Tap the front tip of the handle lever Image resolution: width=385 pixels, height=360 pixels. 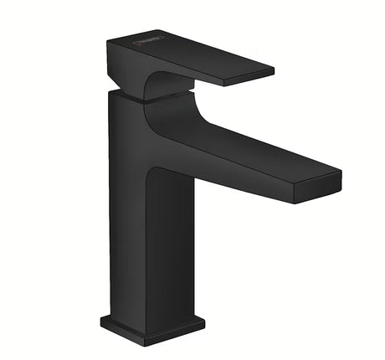coord(269,75)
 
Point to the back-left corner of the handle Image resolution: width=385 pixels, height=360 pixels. coord(110,42)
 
